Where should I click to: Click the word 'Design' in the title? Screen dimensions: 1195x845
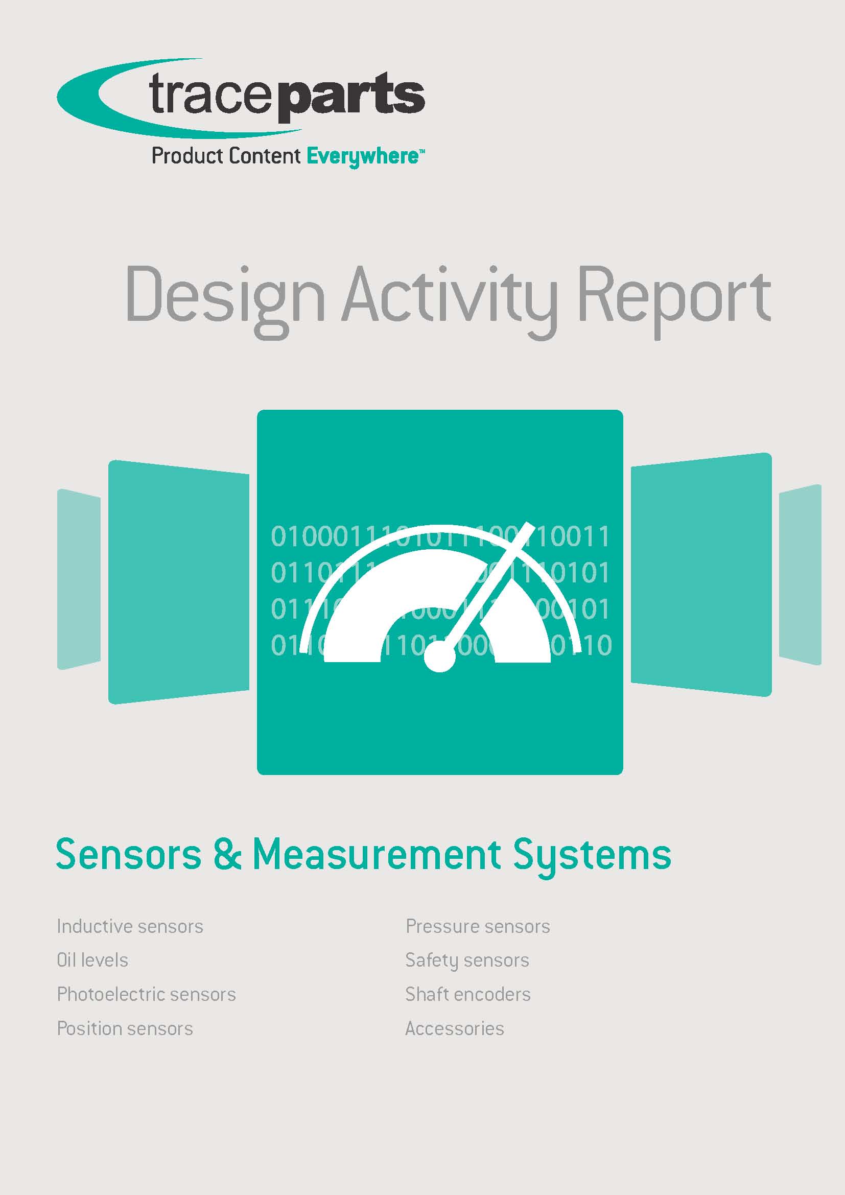225,296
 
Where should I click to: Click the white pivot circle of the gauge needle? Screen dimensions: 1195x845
440,657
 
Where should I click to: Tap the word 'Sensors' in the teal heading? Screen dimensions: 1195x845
129,855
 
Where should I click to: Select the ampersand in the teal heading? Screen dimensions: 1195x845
227,855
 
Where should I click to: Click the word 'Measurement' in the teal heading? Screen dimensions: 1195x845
377,855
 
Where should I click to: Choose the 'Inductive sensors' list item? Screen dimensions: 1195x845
130,926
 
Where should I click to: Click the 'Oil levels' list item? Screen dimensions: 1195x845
92,960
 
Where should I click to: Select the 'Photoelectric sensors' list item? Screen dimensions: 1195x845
146,995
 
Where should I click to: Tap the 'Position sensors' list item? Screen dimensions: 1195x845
125,1028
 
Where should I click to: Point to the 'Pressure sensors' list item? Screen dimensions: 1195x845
478,926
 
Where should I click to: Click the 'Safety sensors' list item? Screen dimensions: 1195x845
467,960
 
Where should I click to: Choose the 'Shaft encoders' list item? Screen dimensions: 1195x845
468,995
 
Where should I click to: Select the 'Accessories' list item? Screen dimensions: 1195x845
455,1028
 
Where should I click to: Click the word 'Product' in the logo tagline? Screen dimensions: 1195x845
185,156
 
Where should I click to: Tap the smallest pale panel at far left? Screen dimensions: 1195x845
79,579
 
